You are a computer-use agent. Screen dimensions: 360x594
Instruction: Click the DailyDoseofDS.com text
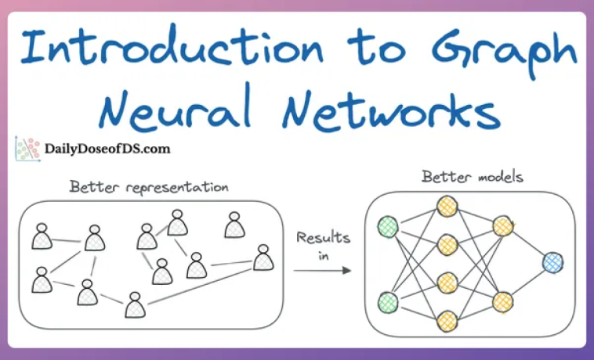coord(107,147)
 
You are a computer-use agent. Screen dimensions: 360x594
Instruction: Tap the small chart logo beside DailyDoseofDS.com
coord(27,149)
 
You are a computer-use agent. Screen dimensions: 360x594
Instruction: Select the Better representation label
coord(149,187)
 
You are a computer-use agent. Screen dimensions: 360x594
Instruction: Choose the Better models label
coord(473,177)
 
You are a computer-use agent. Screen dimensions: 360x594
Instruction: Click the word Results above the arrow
coord(321,237)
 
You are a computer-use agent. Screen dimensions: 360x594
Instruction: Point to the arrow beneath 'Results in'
coord(321,271)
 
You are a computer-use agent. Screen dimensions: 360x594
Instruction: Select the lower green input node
coord(387,301)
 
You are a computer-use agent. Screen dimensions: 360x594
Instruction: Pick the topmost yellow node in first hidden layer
coord(447,207)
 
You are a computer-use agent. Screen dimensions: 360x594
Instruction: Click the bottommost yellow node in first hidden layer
coord(447,319)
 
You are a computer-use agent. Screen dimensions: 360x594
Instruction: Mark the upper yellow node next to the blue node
coord(502,226)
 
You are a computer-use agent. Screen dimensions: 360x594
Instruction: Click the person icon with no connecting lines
coord(234,225)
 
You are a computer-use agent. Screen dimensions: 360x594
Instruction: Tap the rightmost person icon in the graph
coord(263,257)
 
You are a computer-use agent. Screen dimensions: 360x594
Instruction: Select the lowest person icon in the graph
coord(135,305)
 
